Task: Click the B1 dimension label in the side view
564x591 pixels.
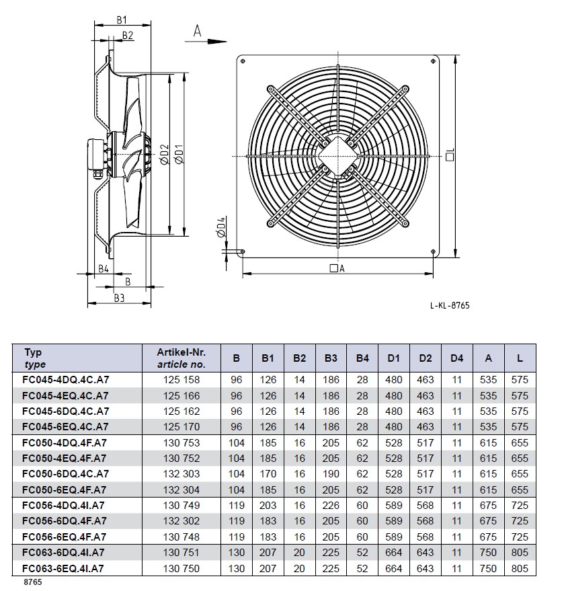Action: (122, 20)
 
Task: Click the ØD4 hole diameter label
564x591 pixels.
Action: (222, 227)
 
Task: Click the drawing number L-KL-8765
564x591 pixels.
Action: (449, 305)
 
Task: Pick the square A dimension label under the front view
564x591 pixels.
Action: (337, 268)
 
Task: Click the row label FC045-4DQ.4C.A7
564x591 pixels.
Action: (65, 379)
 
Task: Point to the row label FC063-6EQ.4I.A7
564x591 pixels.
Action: (65, 569)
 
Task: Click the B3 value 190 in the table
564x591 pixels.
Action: (331, 474)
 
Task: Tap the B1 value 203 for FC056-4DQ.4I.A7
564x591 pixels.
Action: (268, 505)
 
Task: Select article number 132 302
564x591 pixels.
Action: (181, 521)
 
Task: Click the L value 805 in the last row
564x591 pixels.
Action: (520, 569)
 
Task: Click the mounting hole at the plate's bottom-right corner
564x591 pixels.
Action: (431, 253)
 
